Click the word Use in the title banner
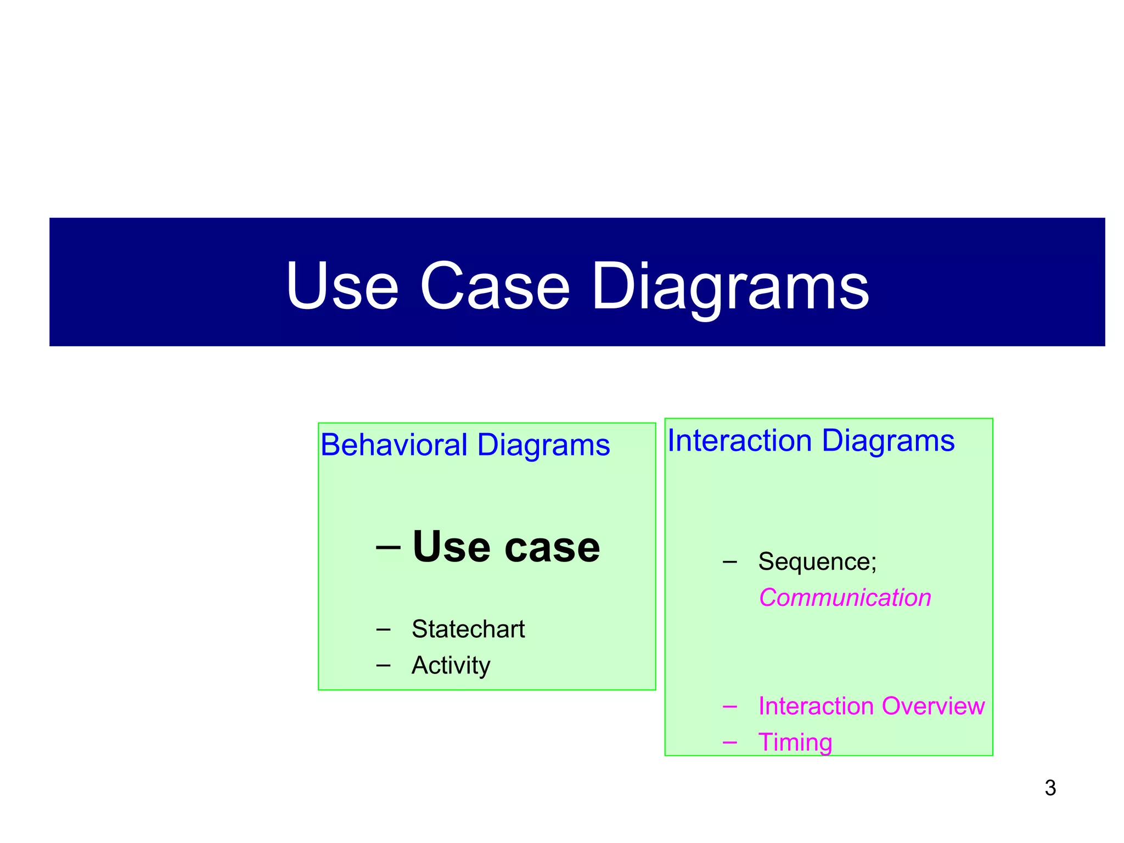coord(341,286)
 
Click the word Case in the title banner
coord(494,286)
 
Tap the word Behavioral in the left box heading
coord(394,445)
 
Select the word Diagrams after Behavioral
coord(543,445)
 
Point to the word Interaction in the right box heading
coord(739,441)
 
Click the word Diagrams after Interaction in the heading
coord(888,441)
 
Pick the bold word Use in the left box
coord(451,547)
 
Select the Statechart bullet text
coord(468,629)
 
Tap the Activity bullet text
coord(451,665)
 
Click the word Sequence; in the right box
coord(817,561)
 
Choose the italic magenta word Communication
coord(845,598)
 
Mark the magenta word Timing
coord(795,742)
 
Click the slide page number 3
coord(1050,788)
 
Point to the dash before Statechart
coord(383,630)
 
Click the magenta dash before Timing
coord(729,743)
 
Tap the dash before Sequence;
coord(729,562)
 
